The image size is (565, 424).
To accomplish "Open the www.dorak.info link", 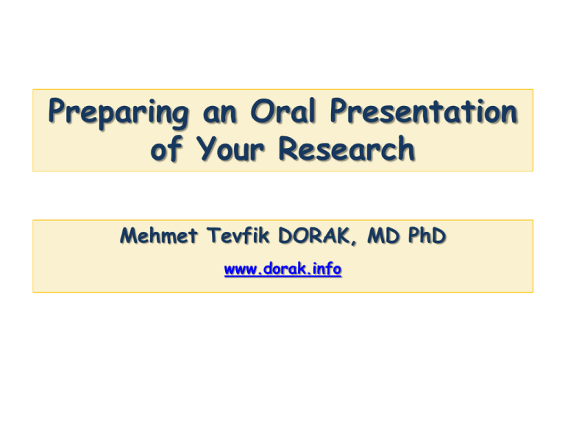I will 282,270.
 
